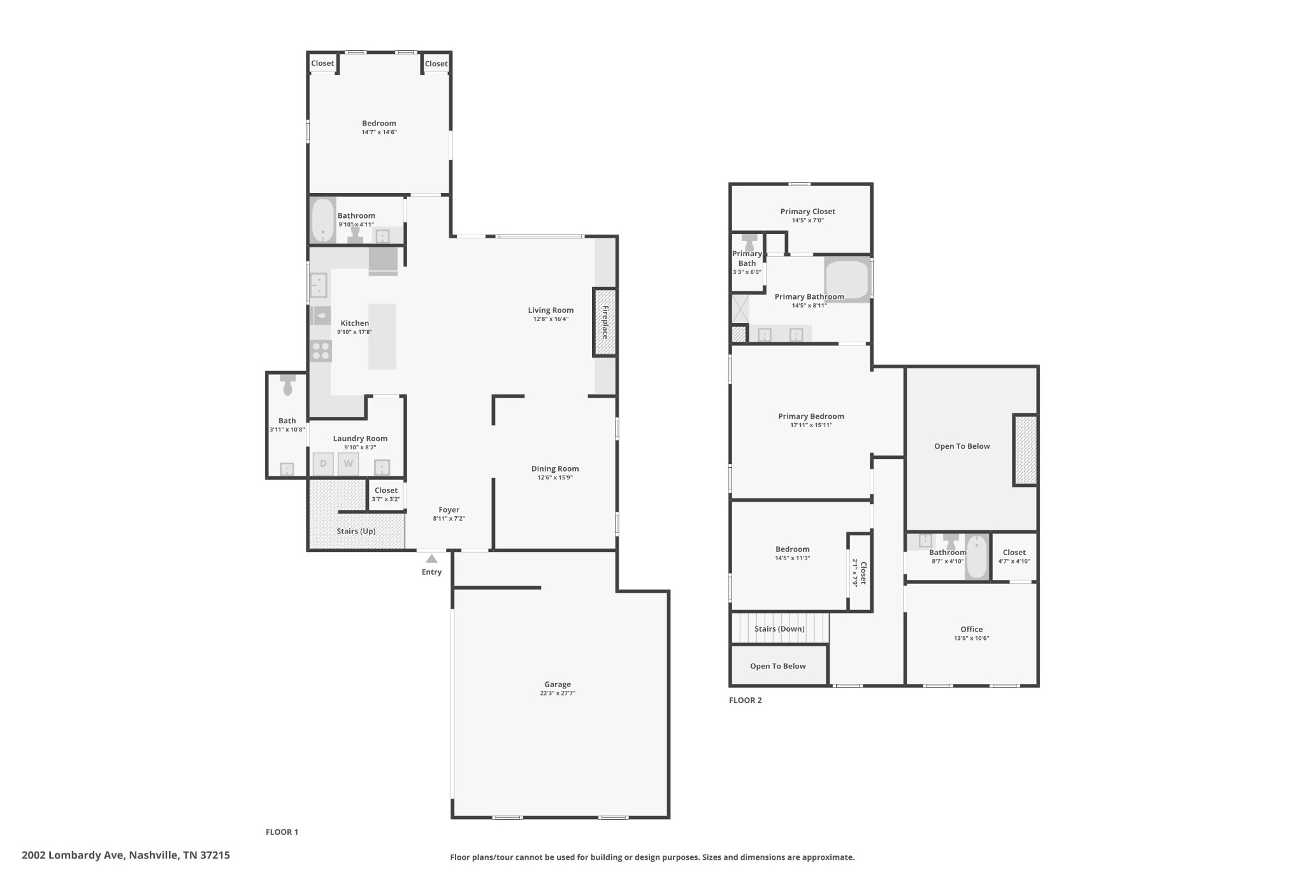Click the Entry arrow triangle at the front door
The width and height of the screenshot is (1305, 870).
click(x=431, y=559)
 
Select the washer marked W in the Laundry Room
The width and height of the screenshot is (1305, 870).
click(x=348, y=463)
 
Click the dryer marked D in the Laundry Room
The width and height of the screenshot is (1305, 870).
click(x=323, y=463)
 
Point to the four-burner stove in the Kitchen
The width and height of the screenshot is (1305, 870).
click(x=321, y=351)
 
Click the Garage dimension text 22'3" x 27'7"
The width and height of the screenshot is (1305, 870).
click(x=558, y=693)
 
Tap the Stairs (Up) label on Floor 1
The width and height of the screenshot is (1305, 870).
click(x=356, y=531)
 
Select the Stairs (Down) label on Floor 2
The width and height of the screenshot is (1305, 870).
click(x=779, y=629)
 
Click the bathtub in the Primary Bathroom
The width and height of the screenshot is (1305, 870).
click(x=847, y=279)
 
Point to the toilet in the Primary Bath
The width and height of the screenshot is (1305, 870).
click(x=750, y=243)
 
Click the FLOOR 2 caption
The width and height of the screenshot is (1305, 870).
click(x=746, y=700)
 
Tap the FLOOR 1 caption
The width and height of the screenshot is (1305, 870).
click(x=282, y=832)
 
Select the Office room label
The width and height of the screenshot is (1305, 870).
click(x=972, y=629)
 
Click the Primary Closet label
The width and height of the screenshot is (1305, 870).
click(x=808, y=212)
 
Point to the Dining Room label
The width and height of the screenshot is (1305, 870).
click(x=555, y=468)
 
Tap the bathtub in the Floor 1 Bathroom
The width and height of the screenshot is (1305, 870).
click(x=323, y=221)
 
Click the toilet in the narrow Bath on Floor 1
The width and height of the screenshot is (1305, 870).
click(x=287, y=384)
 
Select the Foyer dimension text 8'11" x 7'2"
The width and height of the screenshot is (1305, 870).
click(x=449, y=519)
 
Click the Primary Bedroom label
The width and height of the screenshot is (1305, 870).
click(x=811, y=416)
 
